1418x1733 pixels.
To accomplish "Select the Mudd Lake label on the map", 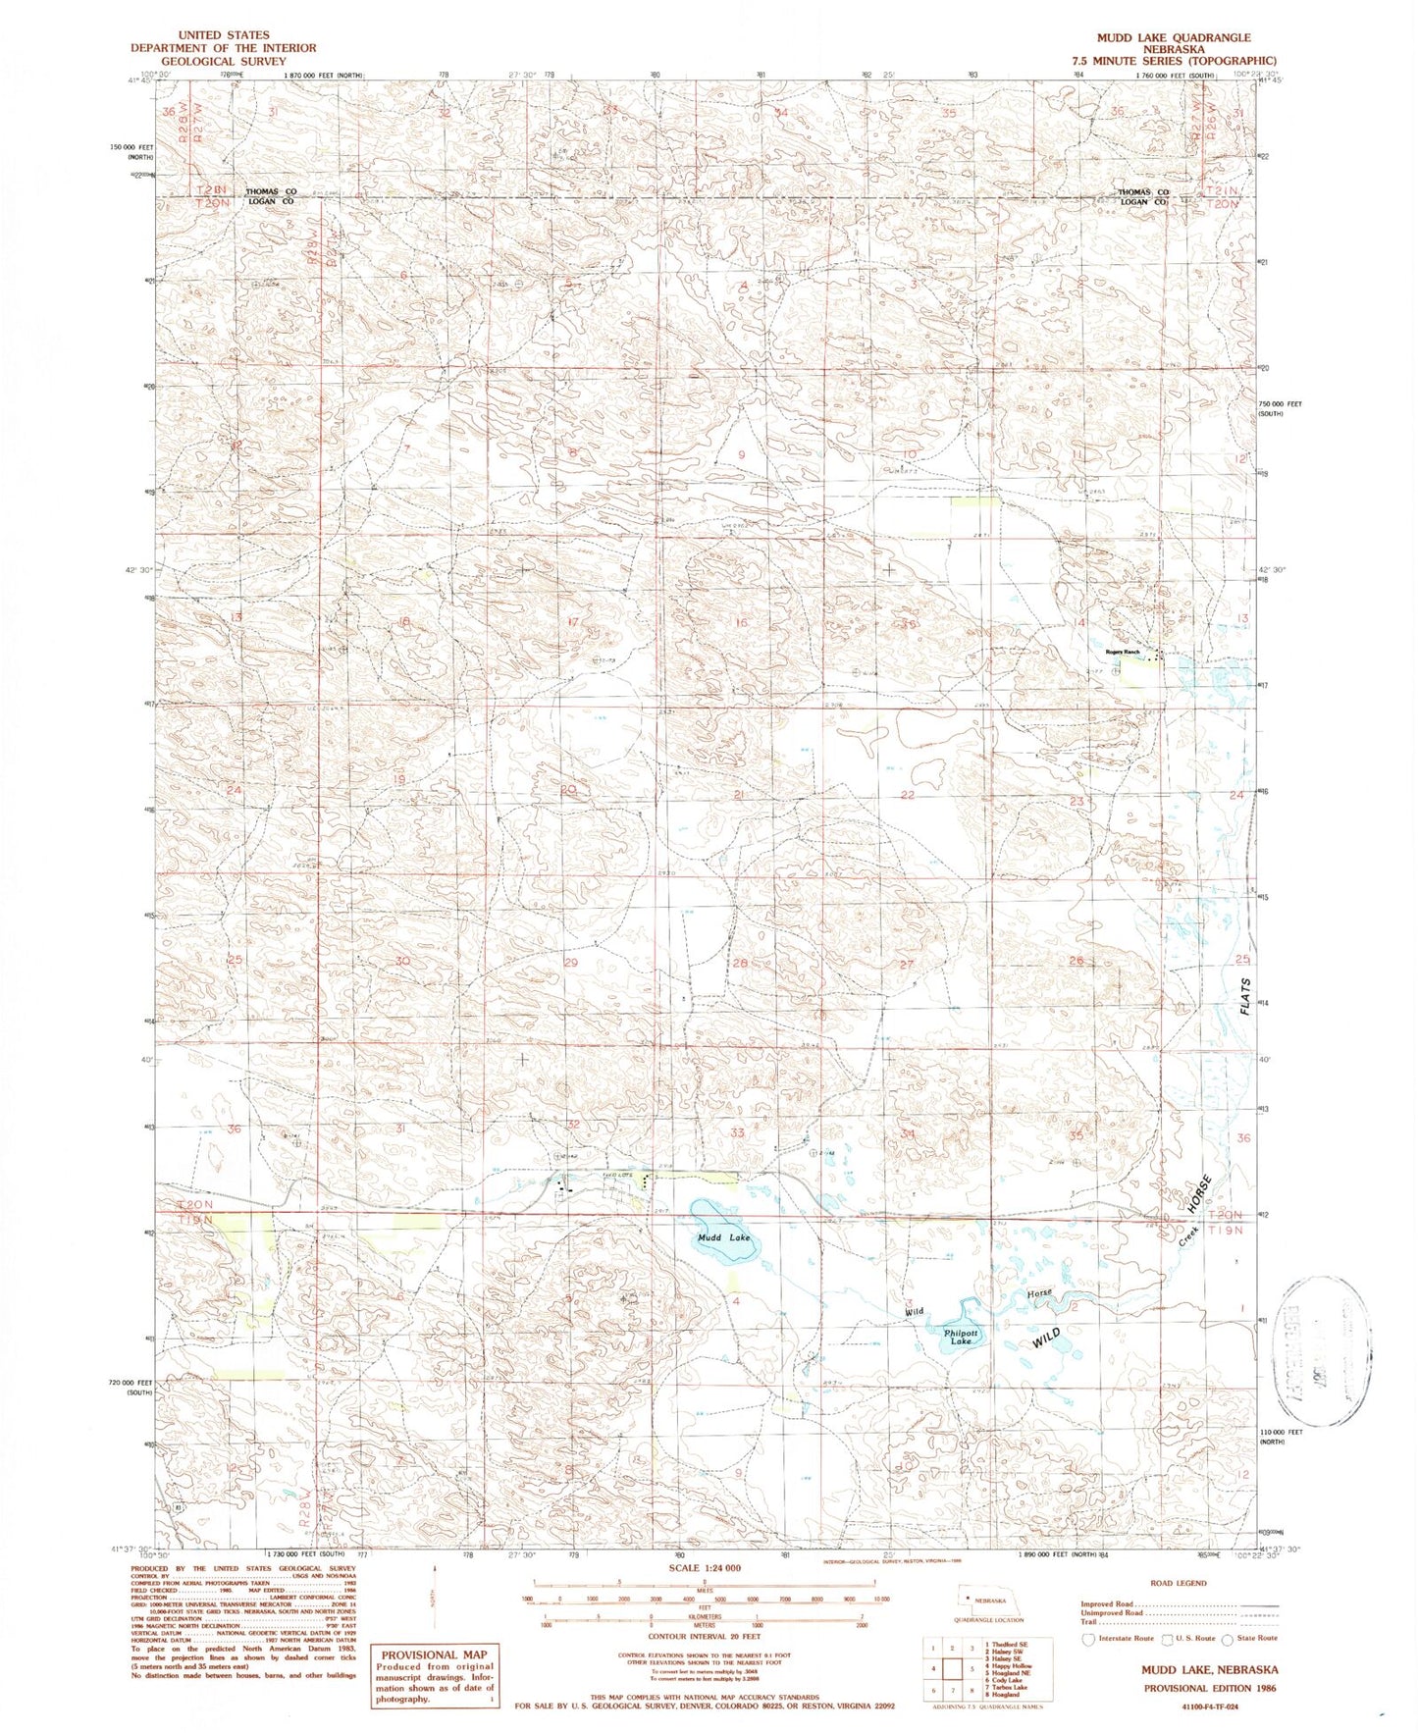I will tap(723, 1237).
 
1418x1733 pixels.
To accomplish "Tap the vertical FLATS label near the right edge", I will tap(1245, 996).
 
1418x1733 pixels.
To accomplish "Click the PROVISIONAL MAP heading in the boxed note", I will tap(434, 1654).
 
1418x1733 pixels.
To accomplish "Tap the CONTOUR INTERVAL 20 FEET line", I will tap(704, 1636).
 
